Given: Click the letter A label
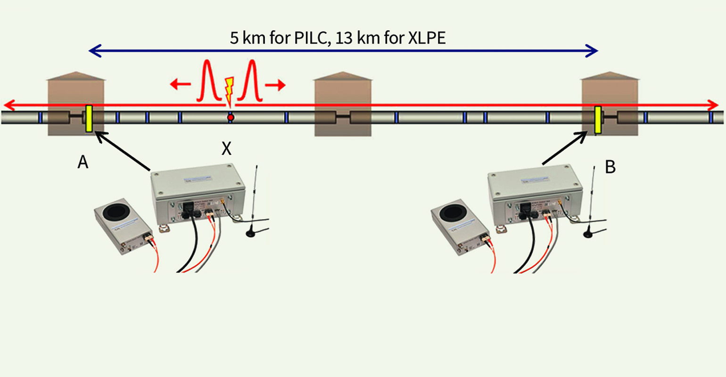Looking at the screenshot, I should [83, 162].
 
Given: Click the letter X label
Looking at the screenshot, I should [227, 149].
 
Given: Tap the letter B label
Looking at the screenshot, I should [610, 167].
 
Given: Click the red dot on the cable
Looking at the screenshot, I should [230, 117].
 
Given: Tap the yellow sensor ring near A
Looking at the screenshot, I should [89, 118].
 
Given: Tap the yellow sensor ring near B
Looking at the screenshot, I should [597, 120].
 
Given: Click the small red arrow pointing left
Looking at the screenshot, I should [179, 85].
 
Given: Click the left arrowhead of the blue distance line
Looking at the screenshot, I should [94, 50].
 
